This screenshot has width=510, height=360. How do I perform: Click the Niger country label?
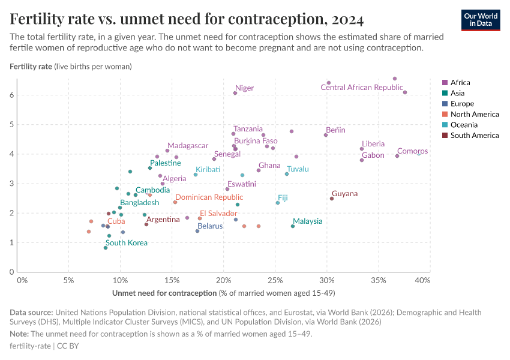click(244, 88)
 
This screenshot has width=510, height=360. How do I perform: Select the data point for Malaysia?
click(293, 226)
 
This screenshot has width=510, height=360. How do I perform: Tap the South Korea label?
click(126, 243)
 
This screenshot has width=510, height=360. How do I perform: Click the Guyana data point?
click(332, 199)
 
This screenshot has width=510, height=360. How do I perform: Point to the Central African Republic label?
click(362, 88)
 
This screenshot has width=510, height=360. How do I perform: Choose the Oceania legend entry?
click(464, 125)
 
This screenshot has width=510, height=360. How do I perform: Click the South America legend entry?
click(474, 136)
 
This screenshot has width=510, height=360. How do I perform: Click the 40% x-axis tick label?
click(422, 280)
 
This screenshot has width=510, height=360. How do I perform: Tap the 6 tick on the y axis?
click(11, 95)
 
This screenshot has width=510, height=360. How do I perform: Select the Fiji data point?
click(278, 203)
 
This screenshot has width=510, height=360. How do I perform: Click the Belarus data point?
click(197, 231)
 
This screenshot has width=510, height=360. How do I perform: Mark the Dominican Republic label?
click(209, 197)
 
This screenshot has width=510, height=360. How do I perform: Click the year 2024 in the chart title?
click(346, 19)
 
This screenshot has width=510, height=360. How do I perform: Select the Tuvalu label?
click(298, 169)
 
